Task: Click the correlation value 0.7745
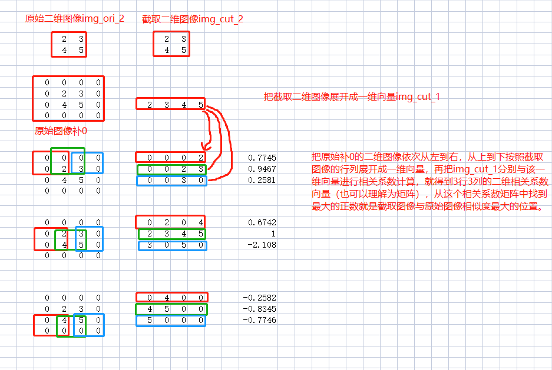click(263, 158)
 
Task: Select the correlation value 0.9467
click(263, 169)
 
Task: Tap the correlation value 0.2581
click(263, 180)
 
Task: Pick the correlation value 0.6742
click(263, 222)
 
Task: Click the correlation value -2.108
click(263, 245)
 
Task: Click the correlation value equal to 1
click(273, 234)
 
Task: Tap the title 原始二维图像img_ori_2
click(75, 19)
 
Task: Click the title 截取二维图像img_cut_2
click(193, 19)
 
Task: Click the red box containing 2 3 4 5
click(171, 104)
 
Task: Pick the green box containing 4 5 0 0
click(171, 309)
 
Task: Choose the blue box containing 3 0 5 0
click(173, 245)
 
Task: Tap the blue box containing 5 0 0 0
click(171, 321)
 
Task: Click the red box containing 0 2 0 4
click(170, 222)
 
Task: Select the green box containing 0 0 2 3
click(171, 169)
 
